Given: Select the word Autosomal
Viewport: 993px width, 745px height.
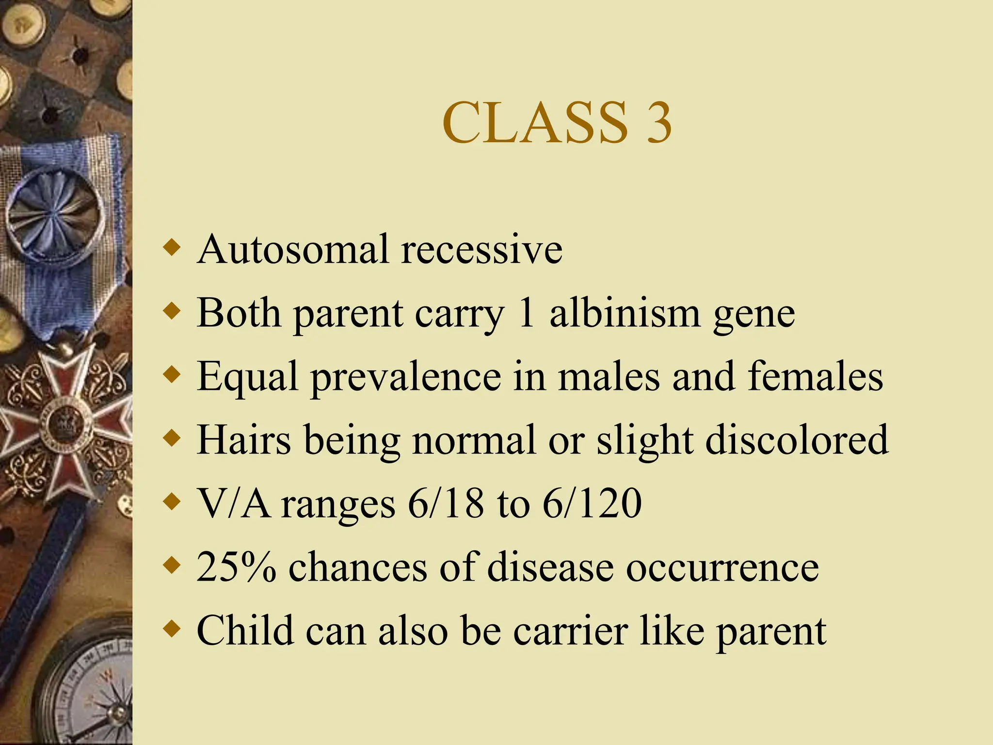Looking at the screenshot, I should [293, 249].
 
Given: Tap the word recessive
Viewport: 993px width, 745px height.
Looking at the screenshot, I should [482, 249].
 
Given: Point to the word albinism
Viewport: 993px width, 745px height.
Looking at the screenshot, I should [625, 313].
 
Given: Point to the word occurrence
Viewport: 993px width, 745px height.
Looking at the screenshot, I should [722, 567].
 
